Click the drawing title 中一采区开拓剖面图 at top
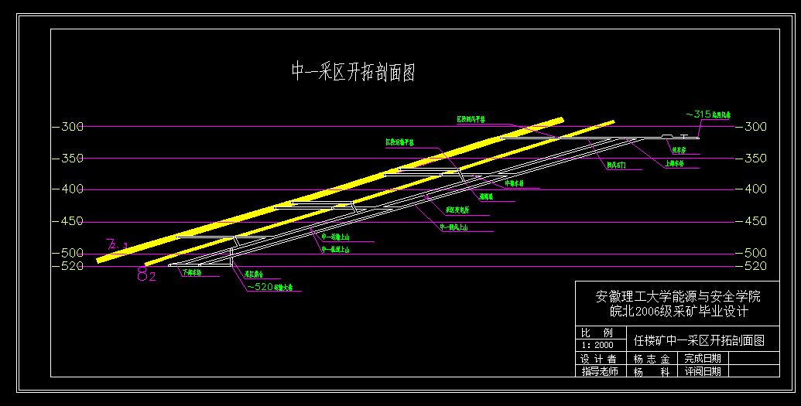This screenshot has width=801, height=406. pos(353,73)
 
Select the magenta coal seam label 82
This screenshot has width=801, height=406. pos(146,275)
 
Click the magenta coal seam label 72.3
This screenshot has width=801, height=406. pos(117,246)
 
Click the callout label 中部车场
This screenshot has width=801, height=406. pos(515,184)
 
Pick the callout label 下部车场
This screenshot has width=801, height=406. pos(191,273)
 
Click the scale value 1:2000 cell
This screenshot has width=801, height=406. pos(597,345)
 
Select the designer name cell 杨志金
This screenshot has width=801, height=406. pos(651,359)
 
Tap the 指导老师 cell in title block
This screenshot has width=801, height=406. pos(600,372)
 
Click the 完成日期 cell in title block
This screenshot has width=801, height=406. pos(702,359)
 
